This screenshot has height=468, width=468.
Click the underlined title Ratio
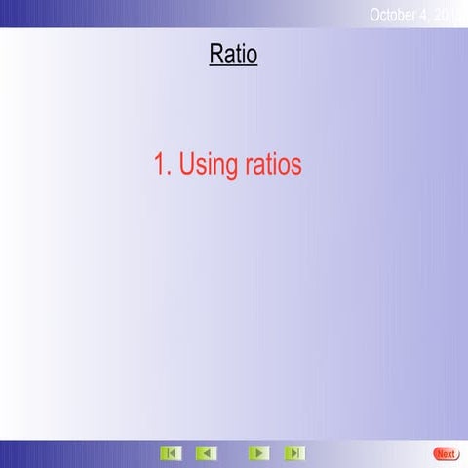[233, 55]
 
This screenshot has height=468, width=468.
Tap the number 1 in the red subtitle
[161, 164]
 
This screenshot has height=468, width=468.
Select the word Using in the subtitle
[209, 166]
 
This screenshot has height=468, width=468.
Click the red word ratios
[273, 164]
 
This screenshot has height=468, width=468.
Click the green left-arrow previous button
[206, 453]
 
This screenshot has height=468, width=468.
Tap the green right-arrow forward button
[258, 453]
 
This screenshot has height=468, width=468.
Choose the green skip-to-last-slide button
[293, 453]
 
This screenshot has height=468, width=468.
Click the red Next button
[446, 453]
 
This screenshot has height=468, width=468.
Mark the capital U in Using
[188, 164]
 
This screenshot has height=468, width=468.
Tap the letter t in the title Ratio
[240, 55]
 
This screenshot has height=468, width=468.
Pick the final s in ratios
[296, 166]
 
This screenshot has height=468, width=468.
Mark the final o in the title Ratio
[252, 57]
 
